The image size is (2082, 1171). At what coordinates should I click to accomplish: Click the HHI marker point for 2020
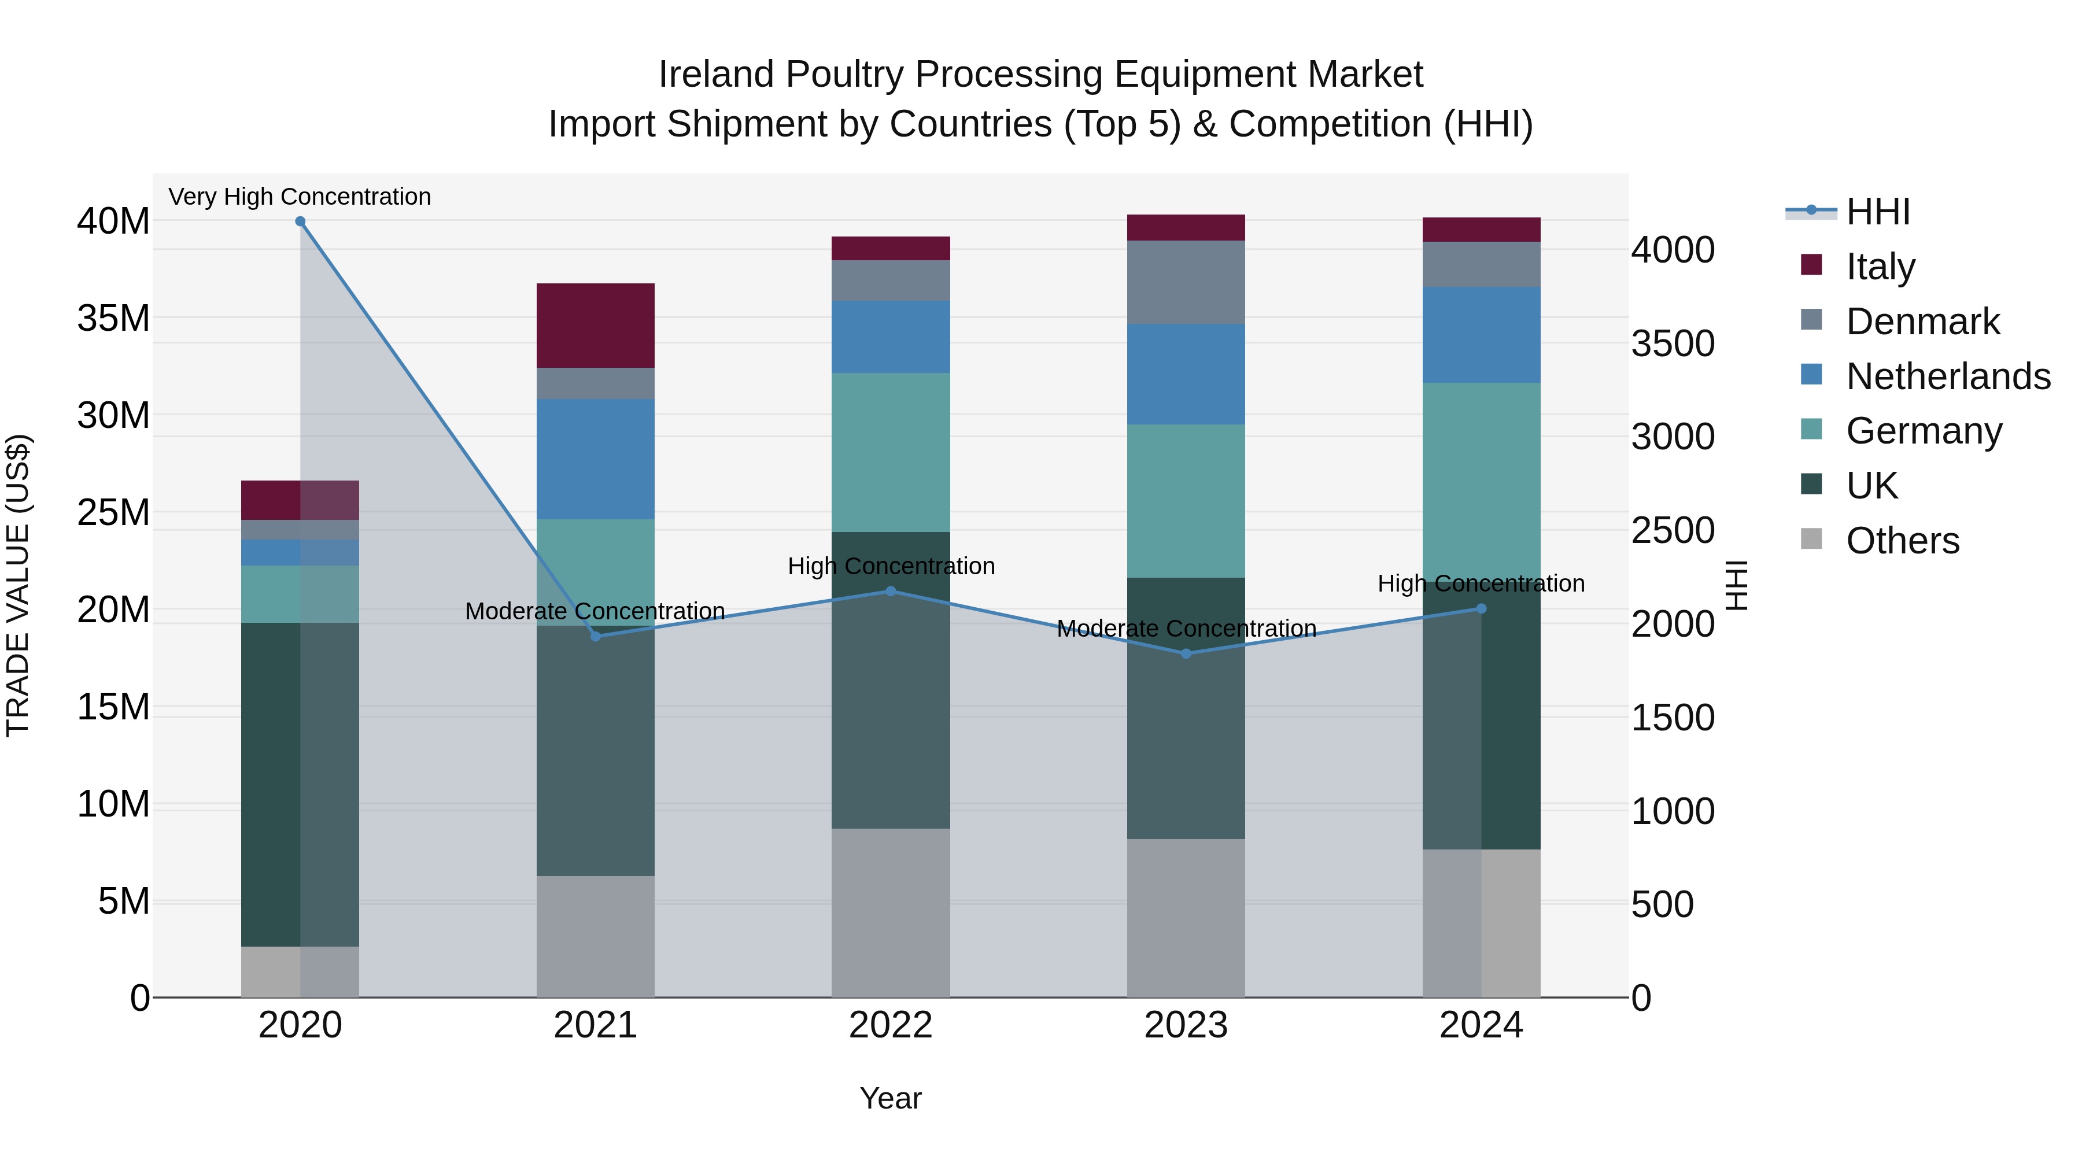(300, 221)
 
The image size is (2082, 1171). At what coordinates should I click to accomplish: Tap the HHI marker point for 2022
(891, 591)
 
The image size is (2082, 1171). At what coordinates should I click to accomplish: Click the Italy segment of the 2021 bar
(595, 326)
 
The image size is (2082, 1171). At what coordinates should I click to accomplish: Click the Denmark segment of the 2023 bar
(1186, 282)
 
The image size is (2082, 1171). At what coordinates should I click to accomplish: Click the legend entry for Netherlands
(1948, 376)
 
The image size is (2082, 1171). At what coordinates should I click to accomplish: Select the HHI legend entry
(1877, 212)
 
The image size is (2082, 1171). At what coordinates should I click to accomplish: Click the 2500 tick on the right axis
(1672, 531)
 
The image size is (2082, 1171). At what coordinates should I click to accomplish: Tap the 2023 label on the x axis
(1186, 1025)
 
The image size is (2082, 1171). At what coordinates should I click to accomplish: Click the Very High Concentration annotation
(300, 197)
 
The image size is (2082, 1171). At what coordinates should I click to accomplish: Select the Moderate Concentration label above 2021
(595, 611)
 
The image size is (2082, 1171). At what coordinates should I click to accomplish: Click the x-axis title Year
(891, 1098)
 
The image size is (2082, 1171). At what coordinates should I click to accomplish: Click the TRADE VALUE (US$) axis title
(18, 585)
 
